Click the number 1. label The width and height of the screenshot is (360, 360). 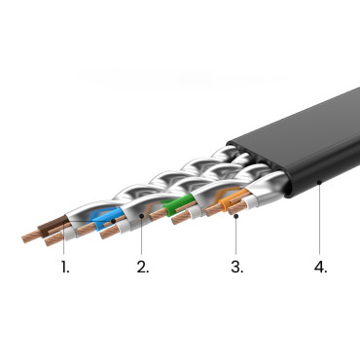tap(64, 266)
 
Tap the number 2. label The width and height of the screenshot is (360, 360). tap(143, 266)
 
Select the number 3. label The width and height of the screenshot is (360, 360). tap(236, 266)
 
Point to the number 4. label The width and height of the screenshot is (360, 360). tap(320, 266)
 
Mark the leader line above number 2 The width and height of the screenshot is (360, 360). tap(142, 238)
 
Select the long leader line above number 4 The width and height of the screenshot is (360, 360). tap(319, 219)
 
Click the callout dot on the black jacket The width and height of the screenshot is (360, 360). tap(319, 181)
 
